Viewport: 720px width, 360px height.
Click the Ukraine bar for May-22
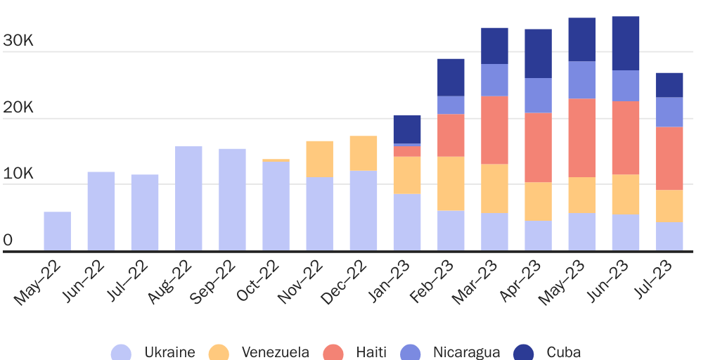point(57,231)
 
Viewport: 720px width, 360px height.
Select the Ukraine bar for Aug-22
point(188,198)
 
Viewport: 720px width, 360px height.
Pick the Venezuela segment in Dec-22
point(364,153)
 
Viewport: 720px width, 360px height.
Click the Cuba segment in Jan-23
point(407,129)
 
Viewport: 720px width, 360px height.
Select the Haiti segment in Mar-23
point(494,130)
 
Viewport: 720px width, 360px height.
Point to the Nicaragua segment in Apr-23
point(538,96)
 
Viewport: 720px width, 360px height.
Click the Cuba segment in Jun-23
point(626,44)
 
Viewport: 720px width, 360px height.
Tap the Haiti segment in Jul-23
point(669,158)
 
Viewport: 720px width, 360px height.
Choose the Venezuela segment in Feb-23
point(451,184)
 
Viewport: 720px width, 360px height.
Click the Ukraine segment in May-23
point(582,232)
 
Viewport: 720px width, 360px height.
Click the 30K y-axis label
point(18,41)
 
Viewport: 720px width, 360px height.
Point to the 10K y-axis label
point(18,174)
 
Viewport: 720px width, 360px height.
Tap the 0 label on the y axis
point(8,240)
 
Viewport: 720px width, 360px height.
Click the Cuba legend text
point(563,352)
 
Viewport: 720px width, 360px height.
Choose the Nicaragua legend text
point(466,352)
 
